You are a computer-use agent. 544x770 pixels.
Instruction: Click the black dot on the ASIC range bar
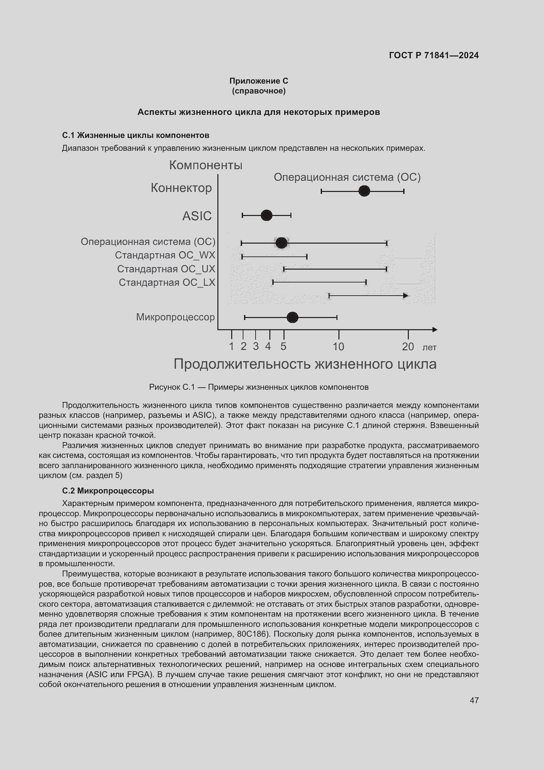tap(266, 215)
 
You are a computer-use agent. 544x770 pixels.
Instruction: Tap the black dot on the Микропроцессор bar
tap(292, 317)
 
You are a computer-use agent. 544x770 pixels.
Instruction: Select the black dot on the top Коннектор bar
tap(364, 191)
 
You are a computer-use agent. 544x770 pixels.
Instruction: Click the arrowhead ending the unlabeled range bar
tap(405, 295)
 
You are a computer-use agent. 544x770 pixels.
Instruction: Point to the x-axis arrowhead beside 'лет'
tap(434, 330)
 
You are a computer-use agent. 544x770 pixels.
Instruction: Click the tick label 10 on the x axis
tap(338, 346)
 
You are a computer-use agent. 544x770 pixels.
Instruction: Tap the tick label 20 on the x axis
tap(408, 346)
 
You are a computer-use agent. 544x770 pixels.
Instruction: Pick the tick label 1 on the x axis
tap(231, 346)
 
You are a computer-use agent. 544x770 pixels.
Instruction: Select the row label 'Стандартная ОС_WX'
tap(165, 255)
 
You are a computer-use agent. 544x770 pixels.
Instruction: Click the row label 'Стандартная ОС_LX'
tap(167, 282)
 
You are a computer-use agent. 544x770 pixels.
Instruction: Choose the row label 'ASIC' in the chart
tap(197, 216)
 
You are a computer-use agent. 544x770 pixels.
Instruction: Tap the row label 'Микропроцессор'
tap(175, 317)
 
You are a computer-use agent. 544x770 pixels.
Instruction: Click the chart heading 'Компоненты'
tap(206, 165)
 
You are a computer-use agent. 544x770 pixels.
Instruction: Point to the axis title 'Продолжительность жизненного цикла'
tap(305, 364)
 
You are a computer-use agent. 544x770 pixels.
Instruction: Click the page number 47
tap(474, 700)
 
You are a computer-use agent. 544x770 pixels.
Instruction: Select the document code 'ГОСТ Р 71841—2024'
tap(434, 55)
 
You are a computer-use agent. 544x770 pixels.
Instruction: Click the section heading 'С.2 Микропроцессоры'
tap(108, 491)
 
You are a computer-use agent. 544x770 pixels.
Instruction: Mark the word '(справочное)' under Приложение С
tap(259, 91)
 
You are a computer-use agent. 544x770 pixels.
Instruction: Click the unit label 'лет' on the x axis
tap(430, 347)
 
